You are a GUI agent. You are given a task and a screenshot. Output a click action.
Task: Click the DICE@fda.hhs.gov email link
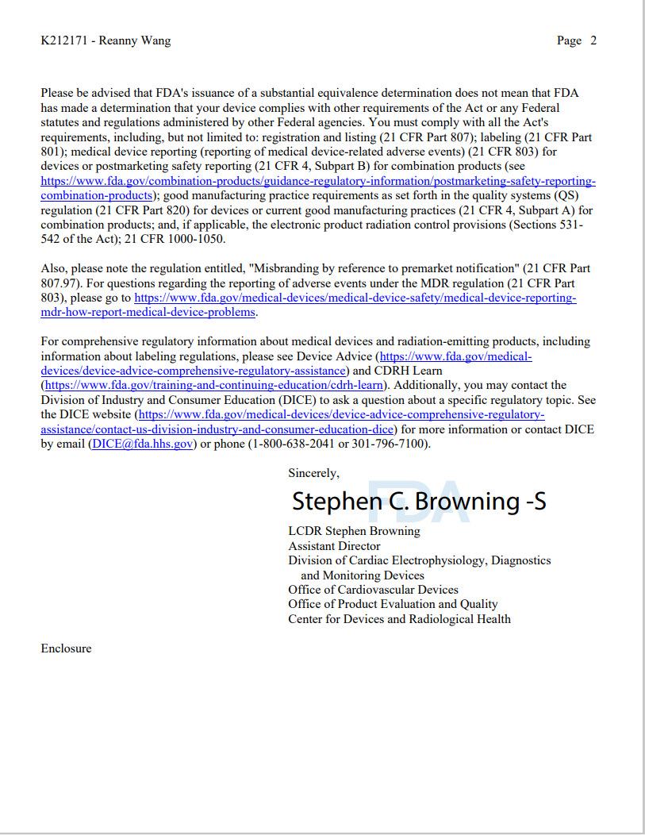(x=143, y=444)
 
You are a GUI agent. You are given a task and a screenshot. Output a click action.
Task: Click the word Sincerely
(x=313, y=473)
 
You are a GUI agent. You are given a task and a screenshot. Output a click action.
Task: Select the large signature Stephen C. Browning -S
(x=419, y=502)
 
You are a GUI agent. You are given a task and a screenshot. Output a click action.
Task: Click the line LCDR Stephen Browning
(x=354, y=531)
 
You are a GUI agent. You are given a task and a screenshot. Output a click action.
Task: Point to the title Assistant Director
(x=334, y=546)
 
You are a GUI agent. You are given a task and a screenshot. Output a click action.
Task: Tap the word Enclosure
(x=66, y=648)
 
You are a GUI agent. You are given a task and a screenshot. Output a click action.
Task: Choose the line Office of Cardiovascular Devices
(x=373, y=590)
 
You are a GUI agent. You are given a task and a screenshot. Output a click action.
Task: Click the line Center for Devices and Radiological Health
(x=399, y=619)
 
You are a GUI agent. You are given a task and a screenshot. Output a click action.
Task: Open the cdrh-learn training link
(x=214, y=385)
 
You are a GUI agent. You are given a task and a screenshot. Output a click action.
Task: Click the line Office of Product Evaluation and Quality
(x=393, y=604)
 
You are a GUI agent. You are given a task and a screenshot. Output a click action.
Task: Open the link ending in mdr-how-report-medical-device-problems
(x=148, y=312)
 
